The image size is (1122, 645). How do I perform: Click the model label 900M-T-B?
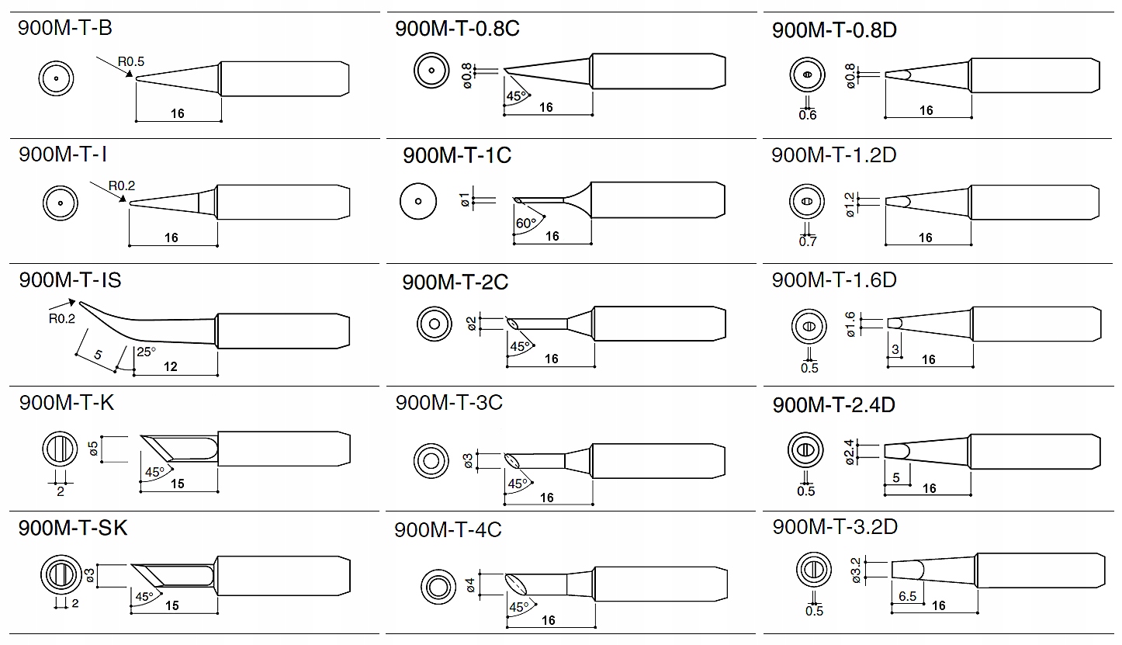(x=65, y=29)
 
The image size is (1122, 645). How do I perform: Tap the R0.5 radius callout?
(x=131, y=61)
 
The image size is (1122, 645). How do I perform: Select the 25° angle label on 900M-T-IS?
(x=146, y=352)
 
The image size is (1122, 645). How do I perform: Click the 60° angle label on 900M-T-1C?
(x=526, y=224)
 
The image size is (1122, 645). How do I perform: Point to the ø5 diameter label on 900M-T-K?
(x=93, y=449)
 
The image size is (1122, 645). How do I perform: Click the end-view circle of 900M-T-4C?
(x=438, y=586)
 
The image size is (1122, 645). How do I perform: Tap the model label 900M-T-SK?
(x=72, y=528)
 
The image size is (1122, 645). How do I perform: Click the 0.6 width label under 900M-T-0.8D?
(x=808, y=116)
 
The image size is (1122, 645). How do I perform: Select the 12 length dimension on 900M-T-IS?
(x=171, y=366)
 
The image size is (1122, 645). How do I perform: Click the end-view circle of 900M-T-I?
(x=60, y=204)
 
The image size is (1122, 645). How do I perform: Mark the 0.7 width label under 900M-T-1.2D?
(x=808, y=241)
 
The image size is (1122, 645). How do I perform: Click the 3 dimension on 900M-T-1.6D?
(x=895, y=350)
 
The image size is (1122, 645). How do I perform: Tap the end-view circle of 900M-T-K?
(x=60, y=450)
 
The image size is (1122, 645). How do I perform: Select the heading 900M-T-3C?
(x=448, y=403)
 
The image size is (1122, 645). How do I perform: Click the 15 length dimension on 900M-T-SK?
(x=171, y=605)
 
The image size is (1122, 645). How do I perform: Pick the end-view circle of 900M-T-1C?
(x=417, y=202)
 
